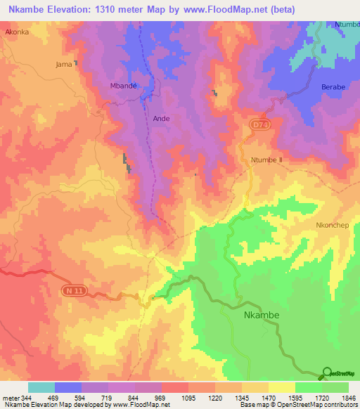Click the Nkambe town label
click(261, 315)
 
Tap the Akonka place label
click(17, 32)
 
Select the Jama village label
click(63, 64)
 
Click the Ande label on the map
click(162, 119)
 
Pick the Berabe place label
click(333, 86)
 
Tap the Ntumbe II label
click(266, 160)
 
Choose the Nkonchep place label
click(333, 226)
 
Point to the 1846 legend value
click(347, 398)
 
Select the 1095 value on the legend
click(188, 398)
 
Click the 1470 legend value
click(269, 398)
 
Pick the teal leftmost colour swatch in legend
click(41, 387)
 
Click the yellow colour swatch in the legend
click(282, 387)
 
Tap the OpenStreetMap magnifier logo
click(326, 372)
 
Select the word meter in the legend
click(10, 398)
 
